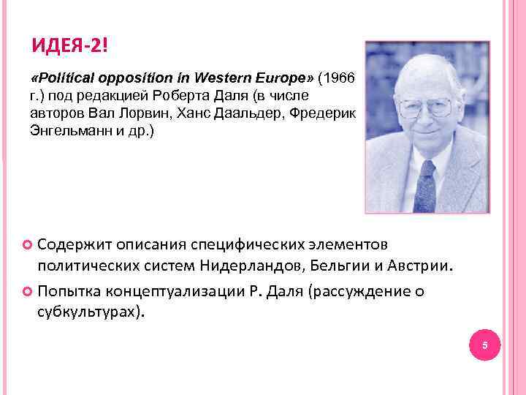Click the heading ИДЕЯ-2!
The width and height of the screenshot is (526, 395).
[x=69, y=48]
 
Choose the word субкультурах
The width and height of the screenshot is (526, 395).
[x=88, y=313]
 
